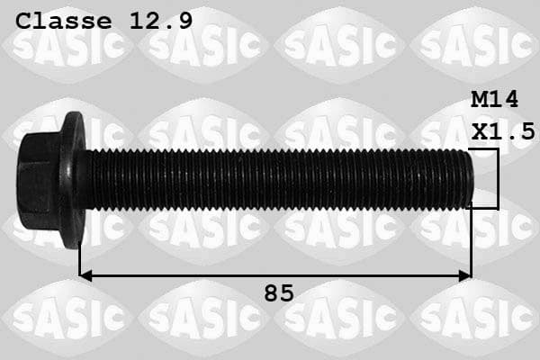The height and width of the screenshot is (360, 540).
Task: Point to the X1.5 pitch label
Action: (x=503, y=131)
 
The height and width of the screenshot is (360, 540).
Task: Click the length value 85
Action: (x=278, y=292)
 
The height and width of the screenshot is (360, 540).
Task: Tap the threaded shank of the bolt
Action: (x=270, y=179)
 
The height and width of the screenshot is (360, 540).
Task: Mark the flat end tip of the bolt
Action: (x=469, y=179)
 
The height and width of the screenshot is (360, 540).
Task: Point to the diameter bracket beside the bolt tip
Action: (x=496, y=179)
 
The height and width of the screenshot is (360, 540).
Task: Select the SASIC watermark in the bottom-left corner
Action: (x=67, y=317)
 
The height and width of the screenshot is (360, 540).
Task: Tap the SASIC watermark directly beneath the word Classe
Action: (x=67, y=45)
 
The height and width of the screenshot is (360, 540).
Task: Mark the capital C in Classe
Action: (x=25, y=20)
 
